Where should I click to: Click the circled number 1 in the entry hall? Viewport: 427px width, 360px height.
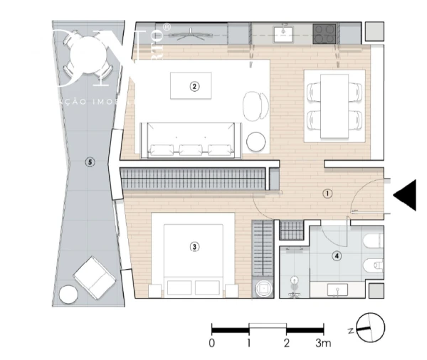[327, 193]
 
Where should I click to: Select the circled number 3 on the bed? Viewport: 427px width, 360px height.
[194, 247]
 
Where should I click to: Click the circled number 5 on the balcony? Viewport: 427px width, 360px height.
[89, 162]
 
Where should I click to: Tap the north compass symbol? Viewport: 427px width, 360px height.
[371, 328]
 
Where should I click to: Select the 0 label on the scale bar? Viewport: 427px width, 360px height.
[211, 343]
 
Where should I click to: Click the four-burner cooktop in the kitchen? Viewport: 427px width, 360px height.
[325, 31]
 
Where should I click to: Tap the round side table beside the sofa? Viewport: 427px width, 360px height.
[255, 143]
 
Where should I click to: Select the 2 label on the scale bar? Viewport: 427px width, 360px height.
[286, 343]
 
